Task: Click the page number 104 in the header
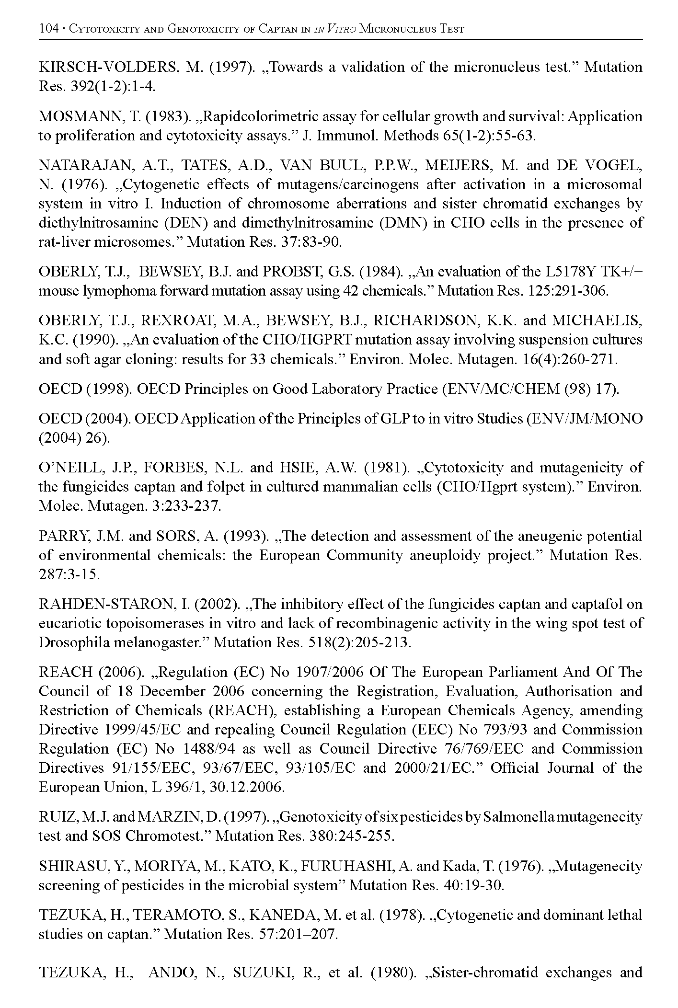coord(48,29)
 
